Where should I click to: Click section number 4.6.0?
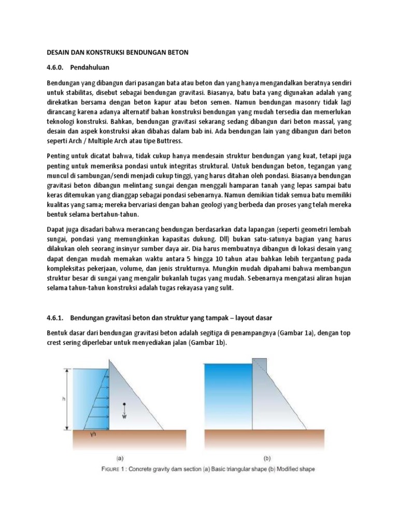click(55, 67)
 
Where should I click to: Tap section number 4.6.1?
click(55, 317)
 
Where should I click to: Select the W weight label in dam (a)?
click(124, 415)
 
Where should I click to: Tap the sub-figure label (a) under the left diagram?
click(119, 458)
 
